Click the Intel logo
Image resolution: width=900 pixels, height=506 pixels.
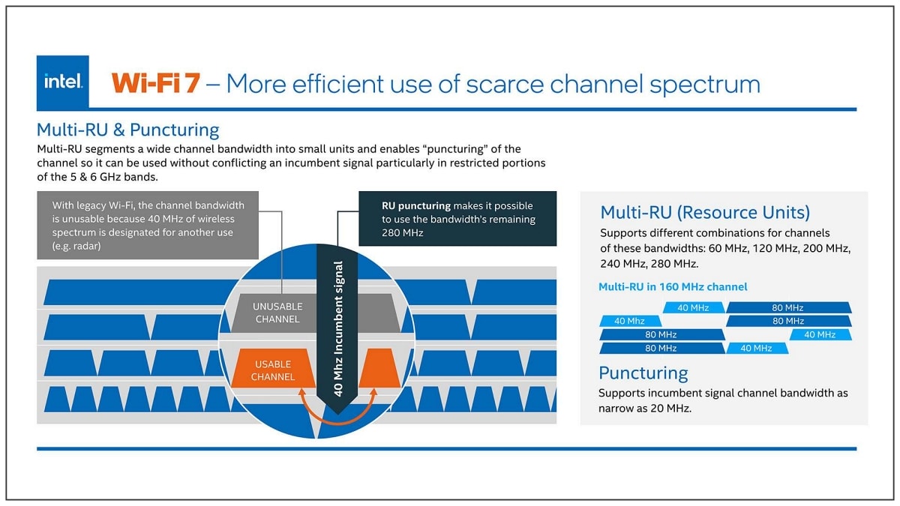[63, 82]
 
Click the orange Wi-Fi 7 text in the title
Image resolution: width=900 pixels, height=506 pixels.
[156, 83]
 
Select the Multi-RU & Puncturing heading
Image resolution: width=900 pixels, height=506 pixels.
[127, 130]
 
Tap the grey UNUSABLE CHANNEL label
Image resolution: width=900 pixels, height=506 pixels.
[277, 313]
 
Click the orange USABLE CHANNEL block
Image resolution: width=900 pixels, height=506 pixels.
[273, 368]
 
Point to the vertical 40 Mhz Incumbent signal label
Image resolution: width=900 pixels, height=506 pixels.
[338, 328]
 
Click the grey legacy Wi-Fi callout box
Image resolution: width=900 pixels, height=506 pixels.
[148, 225]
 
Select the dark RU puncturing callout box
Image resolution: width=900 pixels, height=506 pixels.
[457, 218]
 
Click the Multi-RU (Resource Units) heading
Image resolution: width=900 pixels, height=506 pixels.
[705, 212]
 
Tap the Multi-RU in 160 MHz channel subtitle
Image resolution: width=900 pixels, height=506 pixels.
[673, 286]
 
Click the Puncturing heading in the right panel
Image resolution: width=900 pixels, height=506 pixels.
[643, 373]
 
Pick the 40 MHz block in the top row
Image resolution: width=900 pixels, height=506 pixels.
[694, 307]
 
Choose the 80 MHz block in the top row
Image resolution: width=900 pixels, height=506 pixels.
[788, 307]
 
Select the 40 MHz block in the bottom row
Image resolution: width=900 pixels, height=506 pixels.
[757, 348]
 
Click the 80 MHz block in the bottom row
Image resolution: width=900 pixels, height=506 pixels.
[661, 348]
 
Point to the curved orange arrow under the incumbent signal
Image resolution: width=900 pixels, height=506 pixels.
[337, 423]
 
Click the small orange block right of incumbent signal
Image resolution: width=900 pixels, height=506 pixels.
[379, 368]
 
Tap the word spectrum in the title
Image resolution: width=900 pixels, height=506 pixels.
[705, 85]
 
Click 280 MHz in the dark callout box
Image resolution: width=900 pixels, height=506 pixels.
[403, 233]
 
